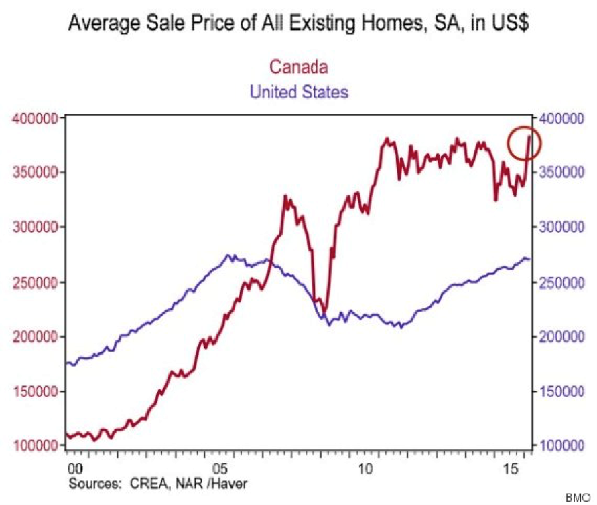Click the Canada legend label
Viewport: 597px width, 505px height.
tap(298, 68)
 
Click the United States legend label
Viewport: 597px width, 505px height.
tap(299, 92)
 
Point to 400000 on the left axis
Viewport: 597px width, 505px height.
tap(35, 118)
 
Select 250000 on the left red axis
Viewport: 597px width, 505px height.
tap(35, 282)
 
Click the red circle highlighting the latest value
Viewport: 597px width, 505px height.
tap(522, 144)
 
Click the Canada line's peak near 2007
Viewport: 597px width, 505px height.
tap(285, 197)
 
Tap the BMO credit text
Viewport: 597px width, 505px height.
tap(581, 498)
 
